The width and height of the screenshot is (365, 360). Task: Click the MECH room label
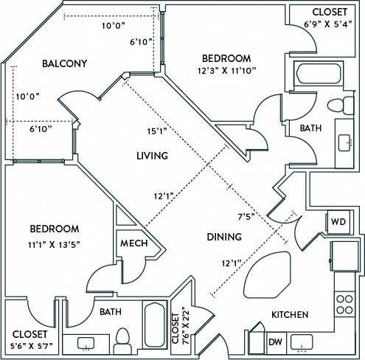click(133, 244)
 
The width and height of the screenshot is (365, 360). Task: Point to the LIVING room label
click(153, 156)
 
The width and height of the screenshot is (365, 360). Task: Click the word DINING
click(224, 238)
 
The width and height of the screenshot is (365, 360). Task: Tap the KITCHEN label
click(290, 315)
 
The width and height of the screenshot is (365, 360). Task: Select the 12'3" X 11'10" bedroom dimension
click(226, 72)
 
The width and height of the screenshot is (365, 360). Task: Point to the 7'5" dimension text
click(247, 218)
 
